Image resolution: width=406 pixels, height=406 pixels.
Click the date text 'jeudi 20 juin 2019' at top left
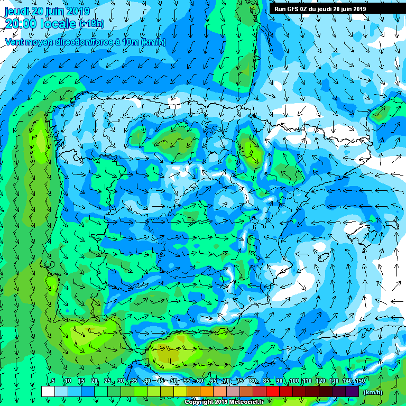pos(47,11)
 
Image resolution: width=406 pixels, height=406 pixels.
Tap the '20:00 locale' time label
pos(40,23)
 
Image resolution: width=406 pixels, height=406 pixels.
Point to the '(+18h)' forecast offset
pos(91,24)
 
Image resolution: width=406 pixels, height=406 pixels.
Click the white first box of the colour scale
pos(48,391)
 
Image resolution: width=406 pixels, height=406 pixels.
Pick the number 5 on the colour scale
pos(53,381)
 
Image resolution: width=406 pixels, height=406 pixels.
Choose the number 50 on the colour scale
pos(174,381)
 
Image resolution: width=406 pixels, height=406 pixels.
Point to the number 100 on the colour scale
pos(294,381)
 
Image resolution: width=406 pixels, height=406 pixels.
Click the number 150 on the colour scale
pos(359,381)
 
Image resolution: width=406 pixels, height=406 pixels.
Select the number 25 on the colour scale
pos(107,381)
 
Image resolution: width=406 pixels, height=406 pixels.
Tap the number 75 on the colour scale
pos(240,381)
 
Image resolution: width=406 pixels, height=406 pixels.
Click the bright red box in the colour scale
pos(273,391)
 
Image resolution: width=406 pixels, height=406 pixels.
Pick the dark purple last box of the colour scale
pos(353,391)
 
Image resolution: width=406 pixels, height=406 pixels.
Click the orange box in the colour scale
pos(207,391)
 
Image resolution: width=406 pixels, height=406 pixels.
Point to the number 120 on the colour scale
pos(320,381)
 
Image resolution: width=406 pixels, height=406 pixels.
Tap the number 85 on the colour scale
pos(266,381)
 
